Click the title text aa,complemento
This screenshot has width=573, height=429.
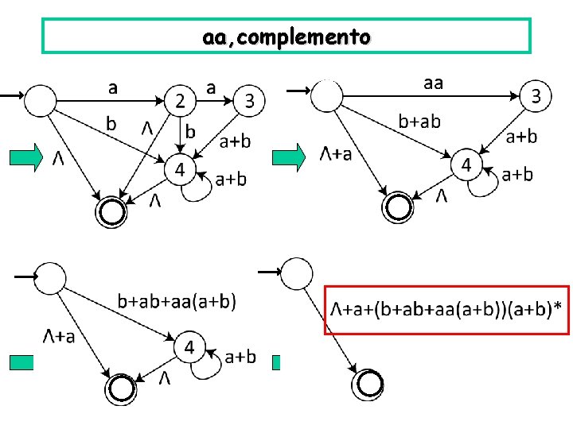click(x=286, y=37)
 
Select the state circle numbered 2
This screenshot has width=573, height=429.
click(x=181, y=100)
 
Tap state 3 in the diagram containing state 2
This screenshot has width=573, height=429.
click(x=249, y=100)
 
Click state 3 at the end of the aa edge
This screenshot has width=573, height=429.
click(x=536, y=97)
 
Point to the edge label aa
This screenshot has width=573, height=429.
click(x=434, y=82)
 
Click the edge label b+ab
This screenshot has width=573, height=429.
click(x=419, y=121)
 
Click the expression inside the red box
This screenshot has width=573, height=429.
click(x=446, y=308)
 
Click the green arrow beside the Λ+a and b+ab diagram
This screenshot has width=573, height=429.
click(x=288, y=157)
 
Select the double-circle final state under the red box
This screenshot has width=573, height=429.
click(x=368, y=385)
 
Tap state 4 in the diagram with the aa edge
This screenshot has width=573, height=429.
click(x=466, y=166)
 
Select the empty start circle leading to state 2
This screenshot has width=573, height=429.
click(x=41, y=100)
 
